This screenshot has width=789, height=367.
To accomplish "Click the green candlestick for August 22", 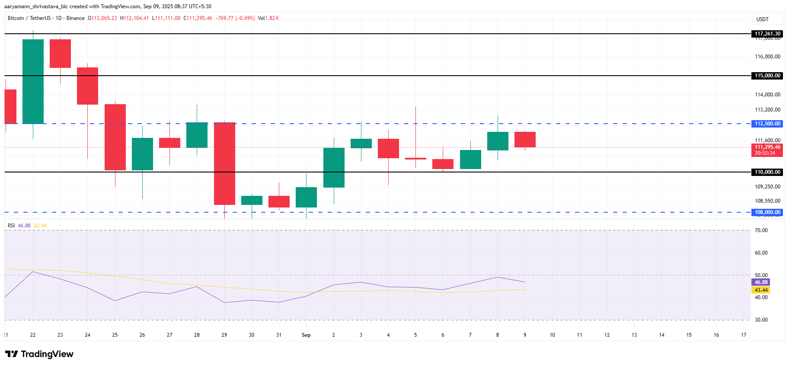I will [x=33, y=81].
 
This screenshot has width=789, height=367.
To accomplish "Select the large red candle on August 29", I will [x=224, y=163].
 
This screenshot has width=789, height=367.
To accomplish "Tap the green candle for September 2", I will [x=334, y=168].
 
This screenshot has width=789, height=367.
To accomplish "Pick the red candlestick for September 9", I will [x=525, y=140].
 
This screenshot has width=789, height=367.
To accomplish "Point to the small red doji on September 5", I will [x=415, y=159].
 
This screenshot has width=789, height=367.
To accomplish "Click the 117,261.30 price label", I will [x=767, y=34].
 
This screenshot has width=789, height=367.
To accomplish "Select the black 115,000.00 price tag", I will [x=767, y=76].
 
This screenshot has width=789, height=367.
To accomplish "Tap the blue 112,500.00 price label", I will [x=767, y=124].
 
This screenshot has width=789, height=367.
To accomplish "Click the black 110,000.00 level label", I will [x=767, y=172].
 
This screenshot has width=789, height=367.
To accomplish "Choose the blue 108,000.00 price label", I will [x=767, y=212].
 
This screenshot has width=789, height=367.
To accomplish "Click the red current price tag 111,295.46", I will [x=767, y=147].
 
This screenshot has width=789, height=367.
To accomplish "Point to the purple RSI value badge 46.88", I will [x=761, y=282].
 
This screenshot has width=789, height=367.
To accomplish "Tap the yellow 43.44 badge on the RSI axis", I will [x=761, y=290].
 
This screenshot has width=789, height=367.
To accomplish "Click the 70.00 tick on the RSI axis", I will [x=761, y=230].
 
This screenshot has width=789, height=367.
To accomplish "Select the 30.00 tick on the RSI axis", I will [x=761, y=320].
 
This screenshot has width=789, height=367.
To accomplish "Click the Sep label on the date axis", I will [x=306, y=335].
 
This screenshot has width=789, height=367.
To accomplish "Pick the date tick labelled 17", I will [x=744, y=335].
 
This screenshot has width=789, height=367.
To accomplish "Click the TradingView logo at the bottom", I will [x=39, y=354].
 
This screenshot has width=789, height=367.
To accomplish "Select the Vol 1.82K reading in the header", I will [x=268, y=18].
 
